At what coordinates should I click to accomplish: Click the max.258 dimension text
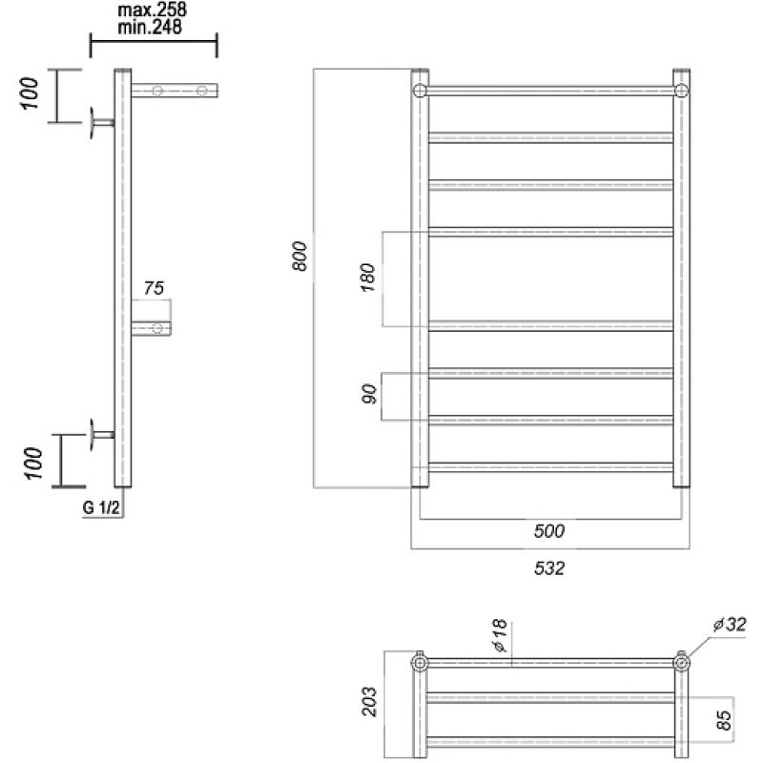[x=153, y=10]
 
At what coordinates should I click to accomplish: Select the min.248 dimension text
[x=150, y=28]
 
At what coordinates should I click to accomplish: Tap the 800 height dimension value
[x=299, y=256]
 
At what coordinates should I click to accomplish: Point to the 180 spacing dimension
[x=368, y=278]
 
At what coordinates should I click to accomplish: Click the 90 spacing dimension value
[x=369, y=394]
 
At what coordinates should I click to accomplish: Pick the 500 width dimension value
[x=549, y=531]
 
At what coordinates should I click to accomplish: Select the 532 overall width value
[x=549, y=567]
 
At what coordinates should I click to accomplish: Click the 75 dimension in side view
[x=154, y=288]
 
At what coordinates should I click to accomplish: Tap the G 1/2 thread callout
[x=101, y=508]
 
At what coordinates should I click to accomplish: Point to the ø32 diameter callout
[x=729, y=625]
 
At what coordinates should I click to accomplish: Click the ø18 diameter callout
[x=500, y=635]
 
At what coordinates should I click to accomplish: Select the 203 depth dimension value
[x=369, y=701]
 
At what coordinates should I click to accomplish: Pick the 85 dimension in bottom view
[x=724, y=720]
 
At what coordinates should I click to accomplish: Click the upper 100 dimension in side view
[x=30, y=93]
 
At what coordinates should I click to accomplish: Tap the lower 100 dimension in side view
[x=34, y=463]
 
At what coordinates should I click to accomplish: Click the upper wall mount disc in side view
[x=92, y=123]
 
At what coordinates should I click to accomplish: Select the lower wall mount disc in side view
[x=92, y=435]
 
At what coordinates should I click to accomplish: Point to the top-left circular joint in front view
[x=420, y=91]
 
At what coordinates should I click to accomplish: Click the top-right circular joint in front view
[x=681, y=91]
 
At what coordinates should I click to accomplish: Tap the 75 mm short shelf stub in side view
[x=152, y=328]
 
